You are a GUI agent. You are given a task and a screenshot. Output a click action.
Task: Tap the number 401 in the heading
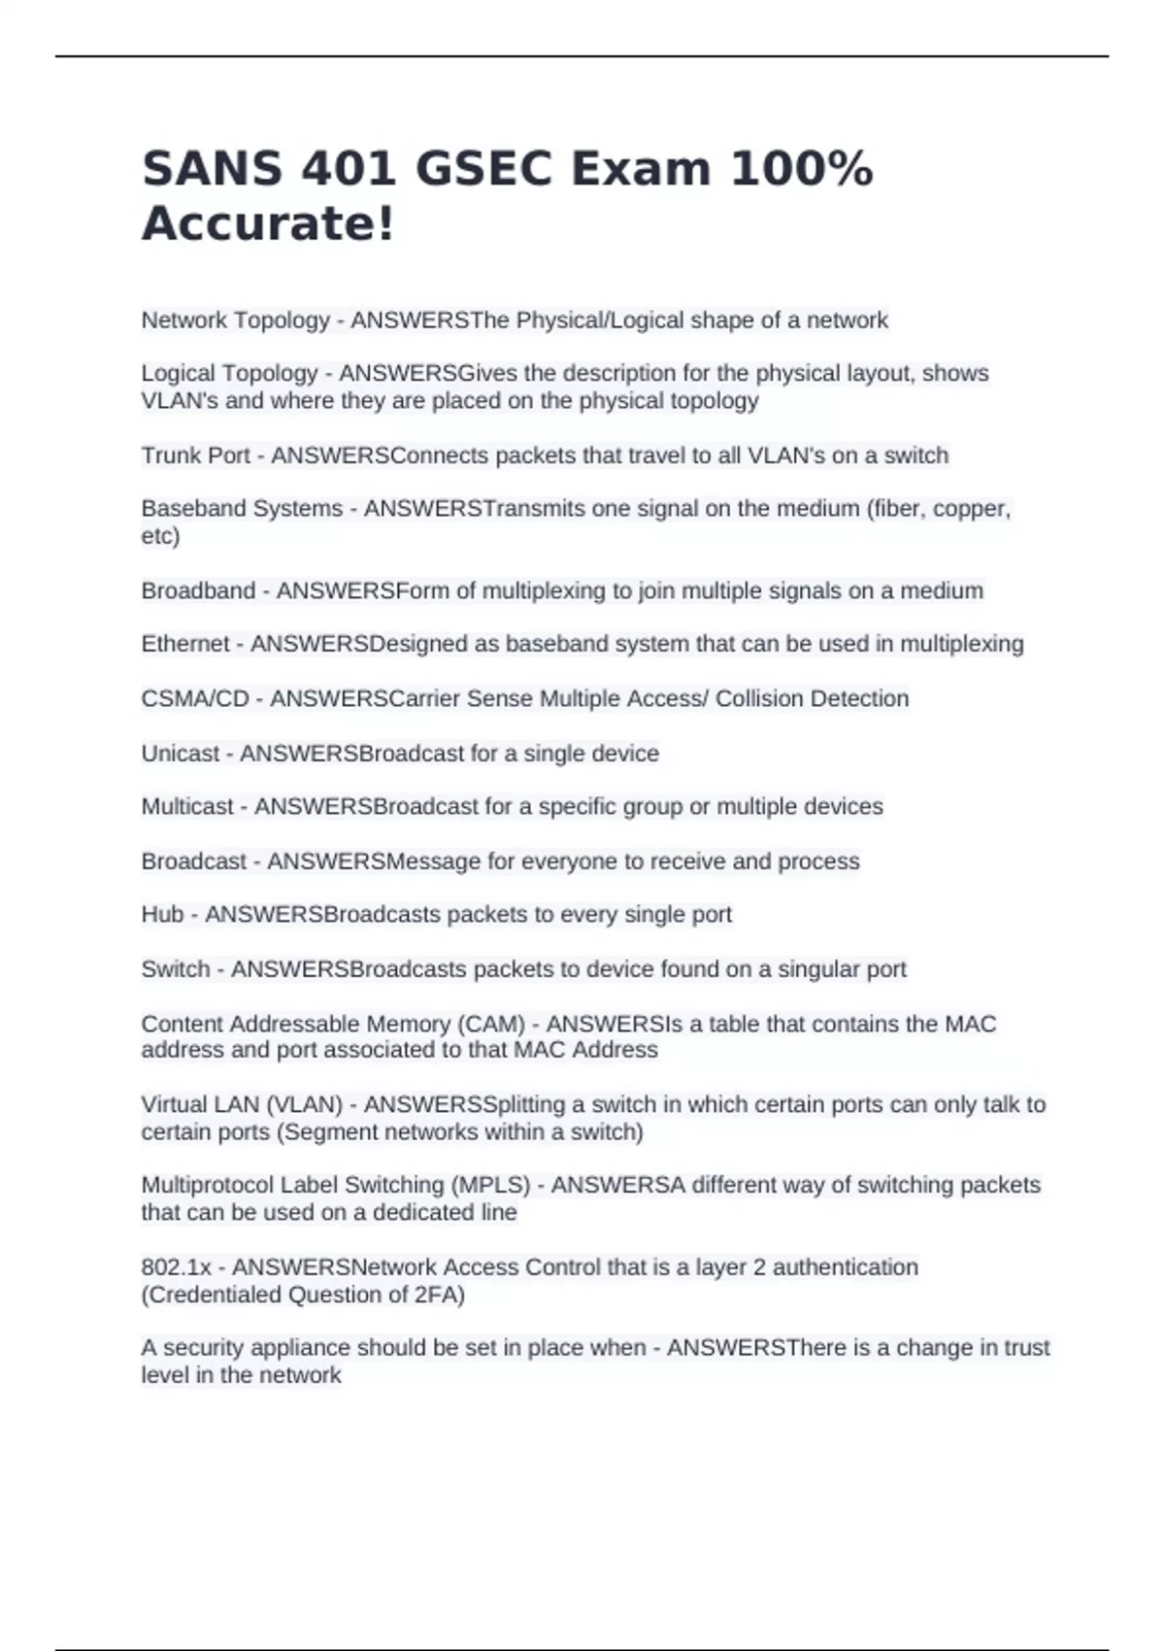[356, 169]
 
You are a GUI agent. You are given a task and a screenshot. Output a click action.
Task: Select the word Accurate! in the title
[269, 223]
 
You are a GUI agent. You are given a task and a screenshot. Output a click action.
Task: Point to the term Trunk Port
[196, 455]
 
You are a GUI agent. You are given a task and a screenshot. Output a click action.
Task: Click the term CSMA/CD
[195, 698]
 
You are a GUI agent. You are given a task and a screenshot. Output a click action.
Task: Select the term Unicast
[181, 754]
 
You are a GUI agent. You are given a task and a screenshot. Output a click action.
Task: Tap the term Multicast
[187, 807]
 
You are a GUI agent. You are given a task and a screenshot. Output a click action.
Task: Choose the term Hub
[162, 915]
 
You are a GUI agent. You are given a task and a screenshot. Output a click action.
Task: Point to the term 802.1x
[176, 1267]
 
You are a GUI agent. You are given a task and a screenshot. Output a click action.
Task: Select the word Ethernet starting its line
[185, 644]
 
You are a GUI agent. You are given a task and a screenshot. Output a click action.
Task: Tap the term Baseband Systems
[242, 509]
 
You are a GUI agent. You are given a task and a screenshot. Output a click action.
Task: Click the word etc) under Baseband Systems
[160, 536]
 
